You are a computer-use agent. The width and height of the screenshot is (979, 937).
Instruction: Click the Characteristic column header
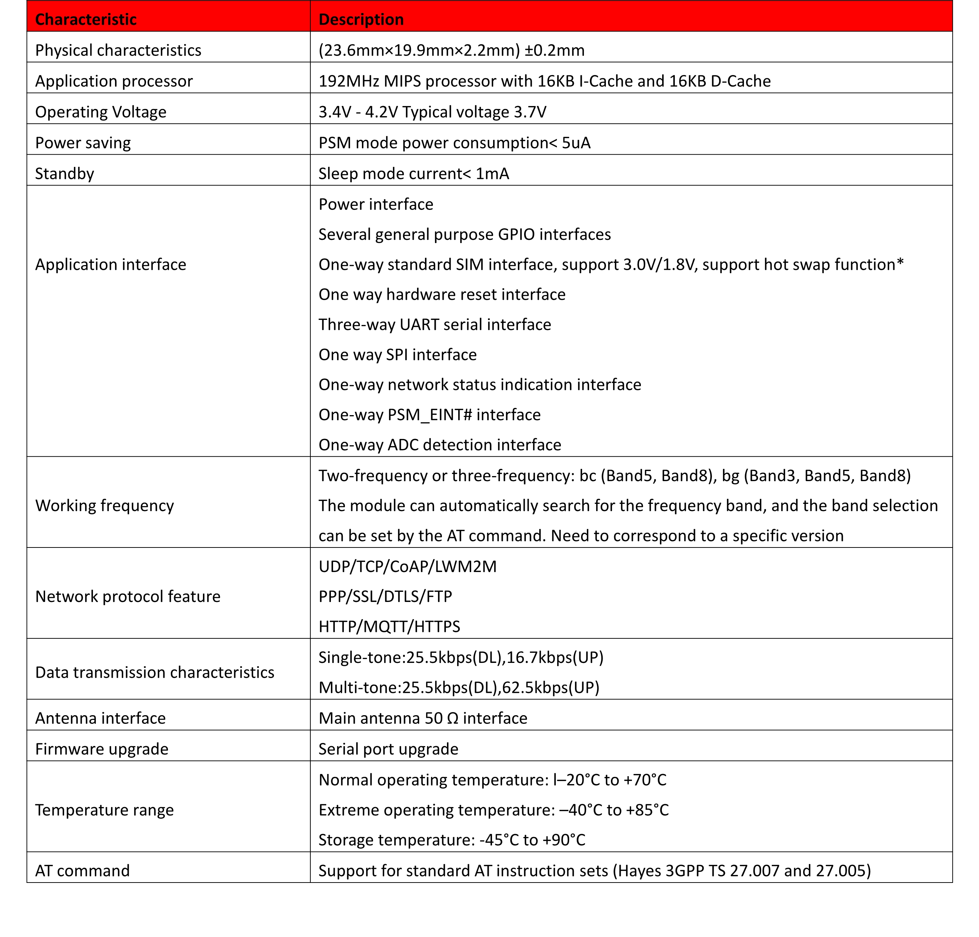tap(86, 19)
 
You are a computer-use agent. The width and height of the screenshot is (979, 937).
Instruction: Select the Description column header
tap(361, 19)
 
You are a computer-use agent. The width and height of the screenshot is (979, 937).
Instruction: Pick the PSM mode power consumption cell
tap(454, 143)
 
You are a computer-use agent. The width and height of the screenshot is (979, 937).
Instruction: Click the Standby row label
tap(65, 174)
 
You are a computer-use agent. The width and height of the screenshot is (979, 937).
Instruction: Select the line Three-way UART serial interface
tap(435, 325)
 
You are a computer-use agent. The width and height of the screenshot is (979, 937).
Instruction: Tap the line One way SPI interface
tap(397, 355)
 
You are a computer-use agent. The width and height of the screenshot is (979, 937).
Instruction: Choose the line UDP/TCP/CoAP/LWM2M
tap(407, 566)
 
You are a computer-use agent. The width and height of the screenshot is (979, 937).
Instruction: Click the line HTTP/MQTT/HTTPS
tap(389, 627)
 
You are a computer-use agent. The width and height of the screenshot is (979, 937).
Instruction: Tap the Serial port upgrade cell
tap(389, 749)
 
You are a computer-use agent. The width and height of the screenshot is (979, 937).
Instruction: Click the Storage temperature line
tap(452, 840)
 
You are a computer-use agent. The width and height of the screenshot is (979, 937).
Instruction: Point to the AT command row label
tap(83, 871)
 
